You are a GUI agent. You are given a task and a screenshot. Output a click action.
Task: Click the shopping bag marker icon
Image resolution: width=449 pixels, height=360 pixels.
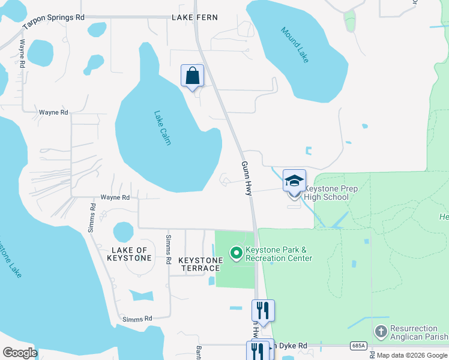pos(192,76)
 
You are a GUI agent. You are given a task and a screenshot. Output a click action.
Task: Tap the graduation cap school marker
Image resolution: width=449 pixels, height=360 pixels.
pos(294,181)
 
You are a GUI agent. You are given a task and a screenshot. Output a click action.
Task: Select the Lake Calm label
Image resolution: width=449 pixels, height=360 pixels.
pos(162,127)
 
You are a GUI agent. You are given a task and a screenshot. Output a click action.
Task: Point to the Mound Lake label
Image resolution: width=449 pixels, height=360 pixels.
pos(294,45)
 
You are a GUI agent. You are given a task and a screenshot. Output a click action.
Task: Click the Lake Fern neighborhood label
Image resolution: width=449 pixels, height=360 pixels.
pos(194,17)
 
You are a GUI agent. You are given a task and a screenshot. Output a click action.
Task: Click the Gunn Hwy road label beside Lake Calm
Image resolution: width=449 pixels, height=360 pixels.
pos(246,177)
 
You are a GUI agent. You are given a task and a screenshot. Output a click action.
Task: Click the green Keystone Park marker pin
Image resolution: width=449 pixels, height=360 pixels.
pos(236,254)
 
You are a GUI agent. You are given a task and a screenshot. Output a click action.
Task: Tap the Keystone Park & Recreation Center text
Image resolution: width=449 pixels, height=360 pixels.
pos(279,254)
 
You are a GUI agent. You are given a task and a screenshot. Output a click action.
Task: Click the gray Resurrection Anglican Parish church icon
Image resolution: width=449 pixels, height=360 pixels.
pos(381,331)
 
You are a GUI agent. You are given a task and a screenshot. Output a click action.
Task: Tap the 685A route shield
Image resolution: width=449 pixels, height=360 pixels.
pos(359,346)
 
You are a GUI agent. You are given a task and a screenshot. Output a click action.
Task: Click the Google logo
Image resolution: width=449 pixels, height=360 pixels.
pos(20,352)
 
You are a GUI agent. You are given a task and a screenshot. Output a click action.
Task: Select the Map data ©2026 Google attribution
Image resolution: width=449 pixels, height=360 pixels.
pos(412,355)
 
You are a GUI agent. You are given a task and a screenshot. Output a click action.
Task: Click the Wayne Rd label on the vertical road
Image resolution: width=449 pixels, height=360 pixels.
pos(22,54)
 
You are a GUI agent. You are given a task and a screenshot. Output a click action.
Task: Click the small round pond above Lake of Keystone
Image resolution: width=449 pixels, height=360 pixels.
pos(123,232)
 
